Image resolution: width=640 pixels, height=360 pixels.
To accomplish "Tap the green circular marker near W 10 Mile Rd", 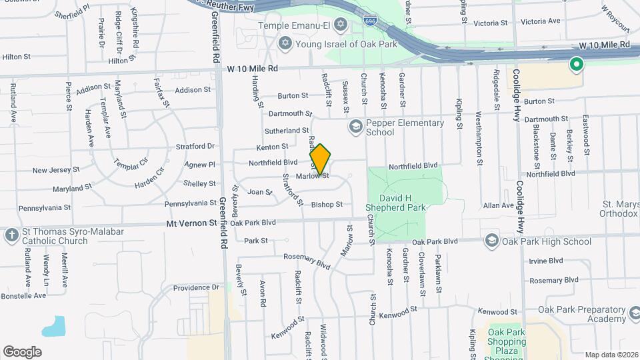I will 576,65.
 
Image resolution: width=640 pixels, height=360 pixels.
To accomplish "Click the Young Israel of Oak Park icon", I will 285,43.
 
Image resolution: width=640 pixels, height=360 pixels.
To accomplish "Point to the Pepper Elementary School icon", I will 355,127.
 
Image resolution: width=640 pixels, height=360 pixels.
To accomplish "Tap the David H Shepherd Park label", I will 402,203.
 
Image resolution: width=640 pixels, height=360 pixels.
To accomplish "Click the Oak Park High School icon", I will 491,241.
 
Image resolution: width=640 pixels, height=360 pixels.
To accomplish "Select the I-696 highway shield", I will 371,22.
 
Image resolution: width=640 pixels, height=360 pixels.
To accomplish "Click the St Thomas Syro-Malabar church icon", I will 11,235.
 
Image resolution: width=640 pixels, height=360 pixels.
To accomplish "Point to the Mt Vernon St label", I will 191,225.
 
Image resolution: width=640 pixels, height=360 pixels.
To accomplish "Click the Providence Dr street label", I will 196,287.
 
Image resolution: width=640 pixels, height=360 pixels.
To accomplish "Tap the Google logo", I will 22,351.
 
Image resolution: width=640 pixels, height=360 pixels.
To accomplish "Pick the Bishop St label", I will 327,205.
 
